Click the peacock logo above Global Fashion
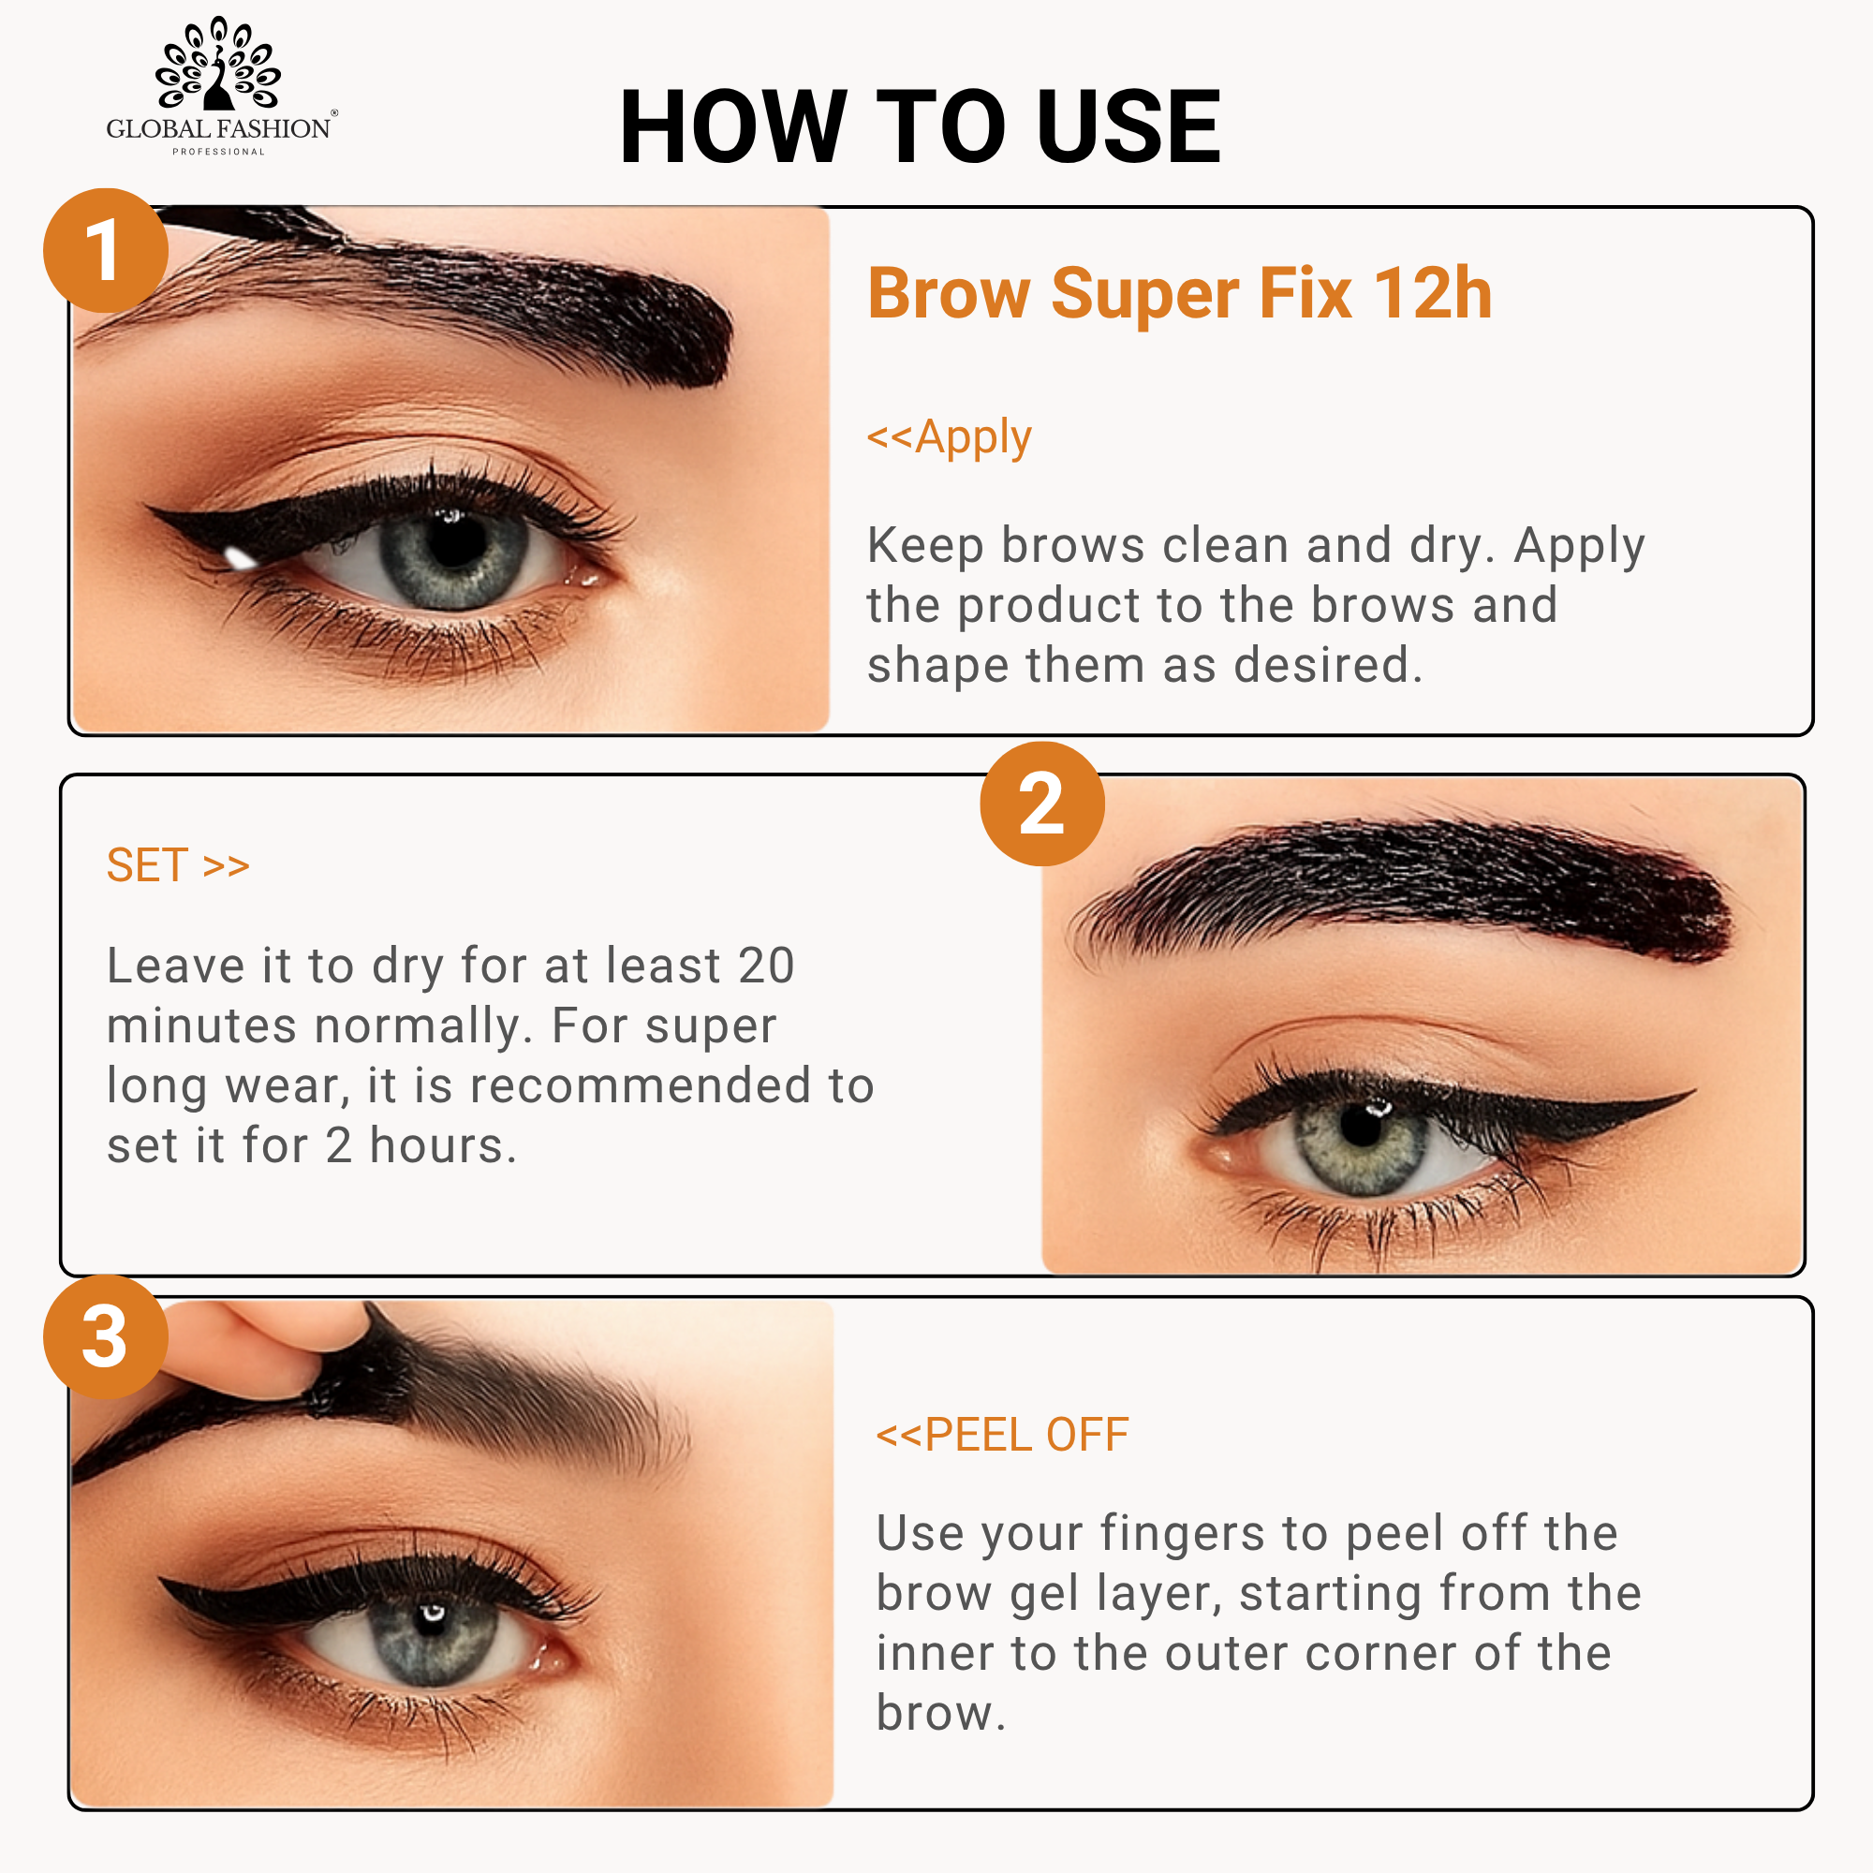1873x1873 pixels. [x=218, y=63]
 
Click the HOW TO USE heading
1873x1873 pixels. [x=919, y=126]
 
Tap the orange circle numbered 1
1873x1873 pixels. [x=106, y=250]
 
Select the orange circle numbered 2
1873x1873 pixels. [x=1042, y=804]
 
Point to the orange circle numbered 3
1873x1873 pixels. [x=106, y=1337]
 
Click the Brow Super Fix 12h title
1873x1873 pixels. [x=1179, y=293]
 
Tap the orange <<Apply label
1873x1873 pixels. [x=949, y=437]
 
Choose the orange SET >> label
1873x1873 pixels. [x=178, y=864]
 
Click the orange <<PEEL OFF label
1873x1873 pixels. [x=1002, y=1435]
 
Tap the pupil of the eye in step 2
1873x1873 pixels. [x=1361, y=1126]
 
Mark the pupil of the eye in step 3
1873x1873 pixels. [x=431, y=1621]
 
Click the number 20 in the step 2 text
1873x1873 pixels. [x=766, y=966]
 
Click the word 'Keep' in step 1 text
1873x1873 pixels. [x=925, y=545]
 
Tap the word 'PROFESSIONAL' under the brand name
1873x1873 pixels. [x=218, y=151]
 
